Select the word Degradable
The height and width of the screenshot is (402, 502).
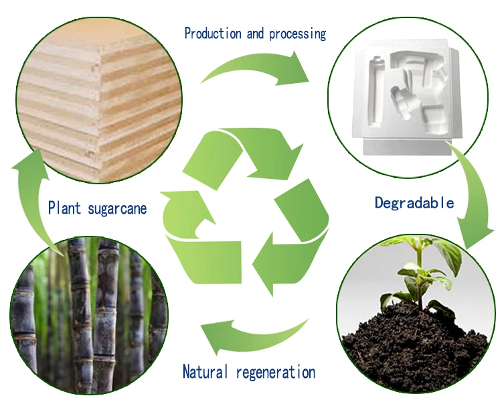[414, 202]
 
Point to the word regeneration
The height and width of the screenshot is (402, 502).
[274, 373]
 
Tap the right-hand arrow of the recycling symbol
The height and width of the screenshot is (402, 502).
[295, 234]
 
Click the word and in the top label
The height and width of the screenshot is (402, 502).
[256, 33]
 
